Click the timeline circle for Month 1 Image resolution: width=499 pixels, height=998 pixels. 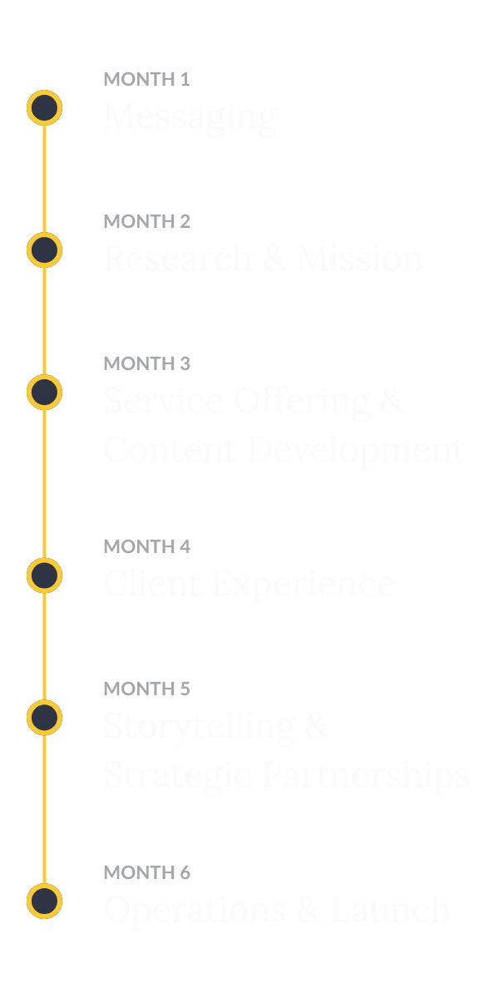(x=44, y=108)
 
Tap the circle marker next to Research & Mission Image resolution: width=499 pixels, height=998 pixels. (x=44, y=250)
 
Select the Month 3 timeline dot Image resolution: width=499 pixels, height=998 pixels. (x=44, y=393)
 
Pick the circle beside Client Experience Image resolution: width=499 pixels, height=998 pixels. (x=44, y=576)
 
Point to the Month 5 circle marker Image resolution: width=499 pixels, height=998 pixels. (x=44, y=718)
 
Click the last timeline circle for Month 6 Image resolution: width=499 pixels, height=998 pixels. (x=44, y=902)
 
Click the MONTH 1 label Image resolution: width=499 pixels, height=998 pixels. (x=146, y=80)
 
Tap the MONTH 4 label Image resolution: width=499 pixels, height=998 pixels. (x=146, y=546)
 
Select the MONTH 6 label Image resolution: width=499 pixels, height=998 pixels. (x=146, y=872)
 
